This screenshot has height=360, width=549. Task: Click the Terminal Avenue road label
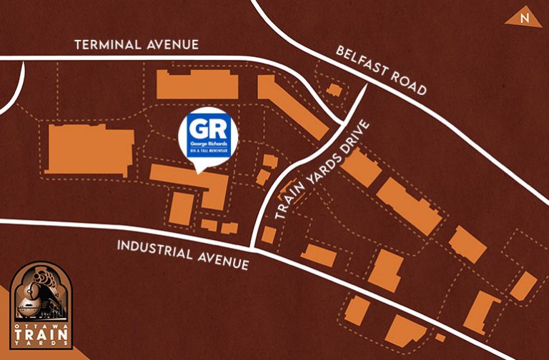tap(137, 45)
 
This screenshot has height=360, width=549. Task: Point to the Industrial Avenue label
tap(182, 254)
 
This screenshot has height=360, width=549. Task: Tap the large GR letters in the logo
tap(207, 129)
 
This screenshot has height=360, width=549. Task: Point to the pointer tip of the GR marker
tap(199, 172)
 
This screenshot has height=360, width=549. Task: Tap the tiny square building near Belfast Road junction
tap(334, 90)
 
